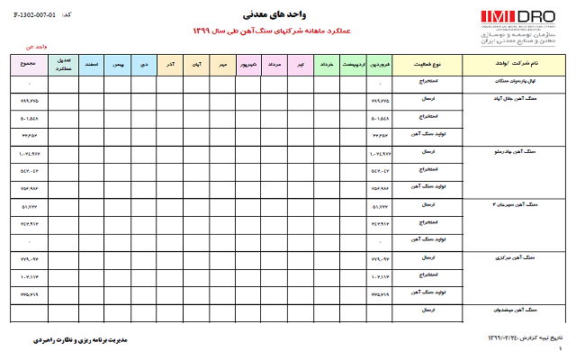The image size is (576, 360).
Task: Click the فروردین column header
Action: [x=382, y=66]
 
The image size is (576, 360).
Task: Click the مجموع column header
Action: [x=26, y=66]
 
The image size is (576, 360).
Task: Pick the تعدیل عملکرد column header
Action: [x=63, y=66]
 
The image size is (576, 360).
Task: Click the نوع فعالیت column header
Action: [x=429, y=66]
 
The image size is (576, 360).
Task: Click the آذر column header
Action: [x=170, y=66]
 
